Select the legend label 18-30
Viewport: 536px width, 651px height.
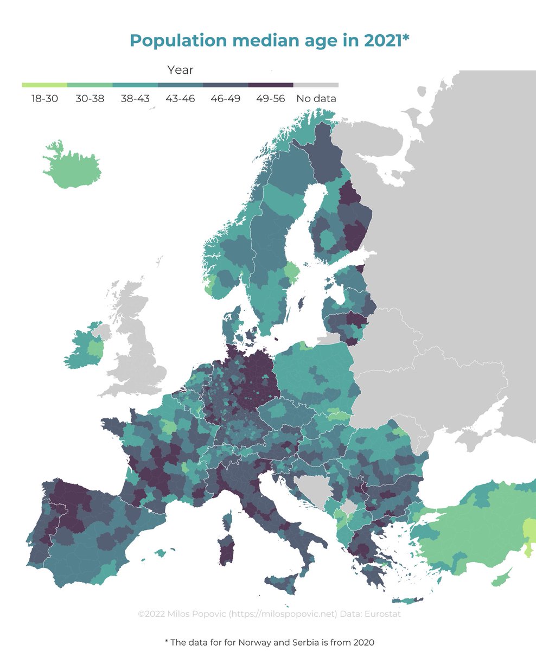click(44, 99)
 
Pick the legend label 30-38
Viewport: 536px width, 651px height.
click(90, 99)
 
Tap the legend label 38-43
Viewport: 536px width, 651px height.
click(135, 99)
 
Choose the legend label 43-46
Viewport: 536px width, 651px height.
click(181, 99)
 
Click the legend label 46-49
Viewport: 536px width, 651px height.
click(226, 99)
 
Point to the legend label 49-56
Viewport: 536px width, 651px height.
click(271, 99)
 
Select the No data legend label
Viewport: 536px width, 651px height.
click(316, 99)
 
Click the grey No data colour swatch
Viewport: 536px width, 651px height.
click(316, 85)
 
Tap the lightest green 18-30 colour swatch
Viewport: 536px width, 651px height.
click(44, 85)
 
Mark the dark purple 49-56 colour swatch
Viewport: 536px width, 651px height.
click(271, 85)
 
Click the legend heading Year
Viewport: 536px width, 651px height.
click(180, 70)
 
